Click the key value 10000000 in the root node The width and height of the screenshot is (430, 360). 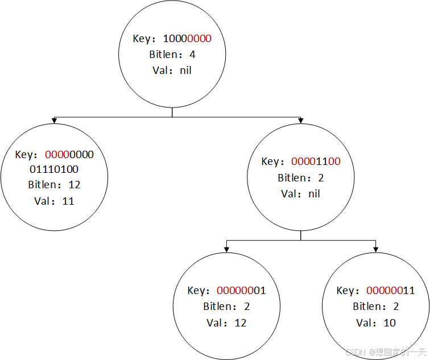click(187, 39)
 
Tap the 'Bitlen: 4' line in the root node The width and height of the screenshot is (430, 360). click(172, 55)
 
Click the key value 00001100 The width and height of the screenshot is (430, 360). click(316, 162)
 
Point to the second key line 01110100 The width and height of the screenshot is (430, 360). click(53, 169)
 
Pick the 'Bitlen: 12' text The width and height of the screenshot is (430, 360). click(54, 185)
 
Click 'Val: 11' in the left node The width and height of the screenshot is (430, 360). click(54, 201)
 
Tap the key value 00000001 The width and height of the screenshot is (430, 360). click(241, 291)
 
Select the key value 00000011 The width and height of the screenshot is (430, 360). click(390, 291)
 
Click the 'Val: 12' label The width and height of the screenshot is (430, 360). click(226, 322)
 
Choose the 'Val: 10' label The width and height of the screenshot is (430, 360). click(376, 322)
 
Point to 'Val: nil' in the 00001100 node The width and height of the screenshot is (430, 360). click(301, 193)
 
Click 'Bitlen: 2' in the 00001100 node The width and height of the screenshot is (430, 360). click(301, 178)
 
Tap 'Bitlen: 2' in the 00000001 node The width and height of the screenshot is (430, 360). click(226, 307)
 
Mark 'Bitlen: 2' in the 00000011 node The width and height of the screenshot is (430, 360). click(376, 307)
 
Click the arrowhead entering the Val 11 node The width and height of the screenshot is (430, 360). click(54, 121)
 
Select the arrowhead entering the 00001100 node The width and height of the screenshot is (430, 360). click(301, 121)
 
